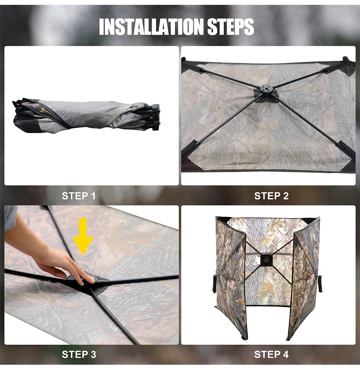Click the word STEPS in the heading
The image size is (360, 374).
231,27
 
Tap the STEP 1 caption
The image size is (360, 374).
79,196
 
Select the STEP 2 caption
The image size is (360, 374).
272,196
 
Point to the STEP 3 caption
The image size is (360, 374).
79,354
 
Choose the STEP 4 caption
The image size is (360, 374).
272,354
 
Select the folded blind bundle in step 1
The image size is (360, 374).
86,115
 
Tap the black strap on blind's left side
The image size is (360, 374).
215,284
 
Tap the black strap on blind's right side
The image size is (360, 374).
320,284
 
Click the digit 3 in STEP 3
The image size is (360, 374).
93,354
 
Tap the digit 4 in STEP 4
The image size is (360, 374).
285,354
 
